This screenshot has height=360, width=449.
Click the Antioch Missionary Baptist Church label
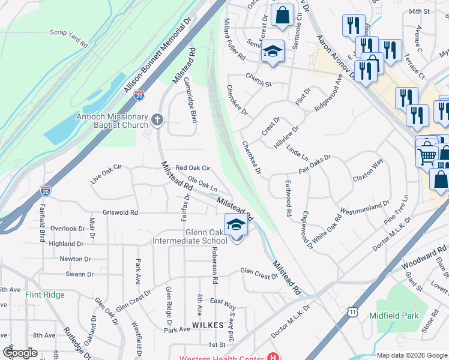click(x=112, y=121)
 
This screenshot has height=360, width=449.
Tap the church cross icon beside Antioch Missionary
click(x=157, y=120)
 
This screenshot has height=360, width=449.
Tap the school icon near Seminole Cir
click(x=272, y=51)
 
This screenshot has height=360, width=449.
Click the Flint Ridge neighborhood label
click(x=45, y=295)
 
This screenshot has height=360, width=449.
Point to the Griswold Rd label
click(x=120, y=212)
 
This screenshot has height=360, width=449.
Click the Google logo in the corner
click(x=20, y=353)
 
